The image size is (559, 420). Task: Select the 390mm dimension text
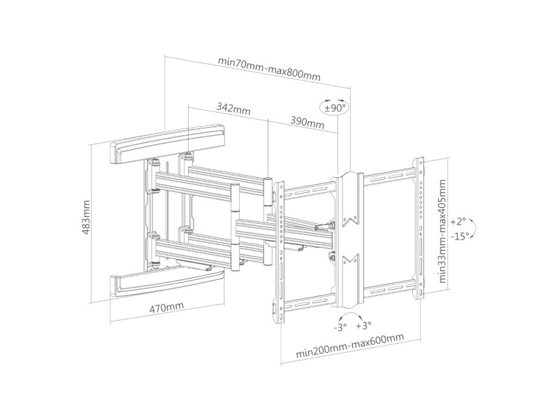click(x=307, y=124)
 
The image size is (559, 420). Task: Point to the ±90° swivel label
click(x=334, y=108)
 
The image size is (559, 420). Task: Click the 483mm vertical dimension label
click(x=87, y=218)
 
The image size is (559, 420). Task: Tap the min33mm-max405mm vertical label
click(x=443, y=230)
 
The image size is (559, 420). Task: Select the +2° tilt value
click(x=456, y=220)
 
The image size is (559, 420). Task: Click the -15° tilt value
click(x=458, y=236)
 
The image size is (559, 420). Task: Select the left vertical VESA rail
click(x=279, y=252)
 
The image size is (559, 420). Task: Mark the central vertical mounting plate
click(x=348, y=238)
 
